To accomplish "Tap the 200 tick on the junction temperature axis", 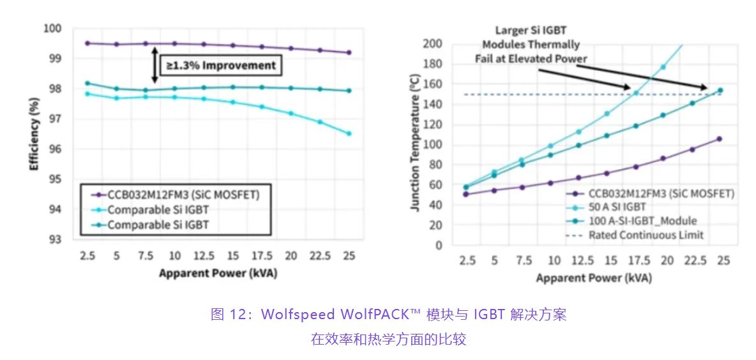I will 433,43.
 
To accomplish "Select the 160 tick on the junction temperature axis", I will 433,84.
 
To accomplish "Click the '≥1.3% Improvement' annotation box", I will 221,65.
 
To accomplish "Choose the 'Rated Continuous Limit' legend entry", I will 646,235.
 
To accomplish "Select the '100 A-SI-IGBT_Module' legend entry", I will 642,221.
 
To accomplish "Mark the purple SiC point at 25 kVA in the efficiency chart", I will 349,52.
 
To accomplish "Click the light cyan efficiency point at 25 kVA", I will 349,133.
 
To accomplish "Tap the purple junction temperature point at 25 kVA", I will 719,139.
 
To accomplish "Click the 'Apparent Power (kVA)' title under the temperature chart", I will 594,278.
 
